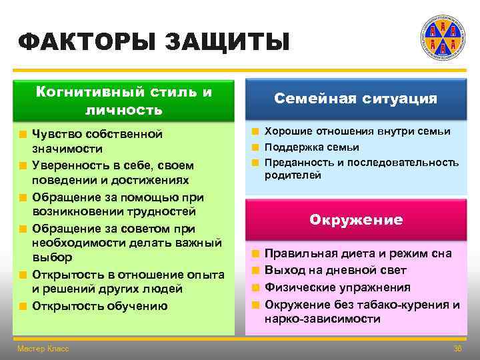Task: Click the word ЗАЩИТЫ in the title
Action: pyautogui.click(x=227, y=42)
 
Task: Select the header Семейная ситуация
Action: pyautogui.click(x=355, y=99)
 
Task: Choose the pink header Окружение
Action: pyautogui.click(x=355, y=220)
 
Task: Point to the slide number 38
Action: pyautogui.click(x=457, y=349)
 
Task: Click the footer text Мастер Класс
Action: pyautogui.click(x=43, y=349)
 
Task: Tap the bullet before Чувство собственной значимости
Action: pyautogui.click(x=23, y=134)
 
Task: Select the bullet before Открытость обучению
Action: pyautogui.click(x=23, y=307)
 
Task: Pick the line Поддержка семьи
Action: pyautogui.click(x=312, y=147)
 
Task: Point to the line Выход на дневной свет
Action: pyautogui.click(x=335, y=271)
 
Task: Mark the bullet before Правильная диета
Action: pyautogui.click(x=255, y=254)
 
